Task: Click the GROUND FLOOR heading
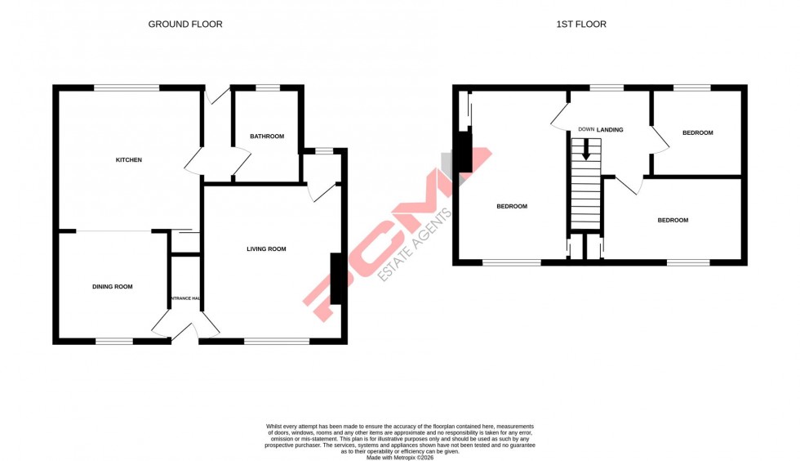tap(184, 25)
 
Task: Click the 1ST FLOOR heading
tap(580, 25)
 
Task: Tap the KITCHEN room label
tap(128, 160)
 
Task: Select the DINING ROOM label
tap(112, 287)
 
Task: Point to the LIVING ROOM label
tap(266, 249)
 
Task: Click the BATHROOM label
tap(267, 137)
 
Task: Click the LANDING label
tap(610, 130)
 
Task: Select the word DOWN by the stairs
tap(586, 129)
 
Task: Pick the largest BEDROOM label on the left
tap(512, 207)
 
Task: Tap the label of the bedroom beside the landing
tap(697, 133)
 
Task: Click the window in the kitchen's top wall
tap(126, 87)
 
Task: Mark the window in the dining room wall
tap(114, 341)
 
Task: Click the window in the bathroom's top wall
tap(267, 87)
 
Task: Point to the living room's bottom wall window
tap(277, 341)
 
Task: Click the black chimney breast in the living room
tap(336, 279)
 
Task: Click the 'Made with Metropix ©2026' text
tap(399, 457)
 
